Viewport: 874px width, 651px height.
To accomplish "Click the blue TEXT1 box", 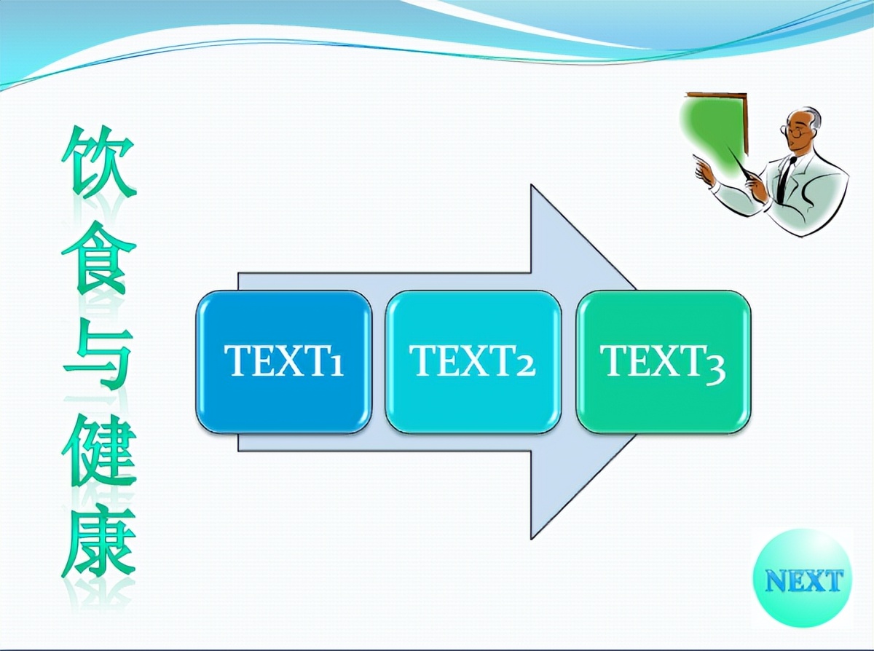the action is [284, 362].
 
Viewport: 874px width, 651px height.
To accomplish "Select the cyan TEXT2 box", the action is [473, 362].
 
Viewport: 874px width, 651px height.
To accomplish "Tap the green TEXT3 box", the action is [664, 362].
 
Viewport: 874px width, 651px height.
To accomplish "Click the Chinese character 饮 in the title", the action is [98, 162].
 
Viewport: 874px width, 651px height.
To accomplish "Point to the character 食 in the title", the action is [98, 259].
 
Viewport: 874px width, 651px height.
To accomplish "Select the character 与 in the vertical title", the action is [98, 355].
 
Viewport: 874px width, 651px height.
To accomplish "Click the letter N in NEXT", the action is [775, 581].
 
